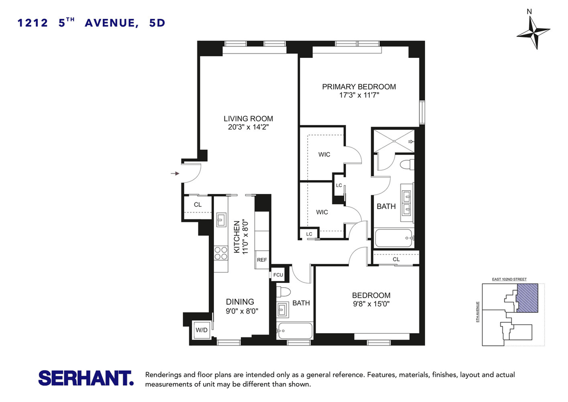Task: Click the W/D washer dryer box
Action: coord(202,329)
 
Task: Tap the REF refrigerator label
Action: coord(262,260)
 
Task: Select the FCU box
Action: coord(278,275)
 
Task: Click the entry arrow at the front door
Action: coord(175,174)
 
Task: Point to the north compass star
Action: coord(533,33)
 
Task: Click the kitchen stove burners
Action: coord(221,253)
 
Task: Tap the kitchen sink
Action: coord(222,219)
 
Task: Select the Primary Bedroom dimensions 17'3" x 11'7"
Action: coord(359,95)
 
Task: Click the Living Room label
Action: coord(248,119)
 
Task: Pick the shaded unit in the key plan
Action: coord(527,298)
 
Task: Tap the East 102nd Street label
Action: coord(509,279)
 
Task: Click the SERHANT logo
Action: coord(86,378)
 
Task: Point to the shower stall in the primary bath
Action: coord(394,141)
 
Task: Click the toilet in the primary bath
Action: coord(407,164)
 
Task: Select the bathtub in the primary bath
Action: coord(394,238)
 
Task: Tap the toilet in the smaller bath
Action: coord(283,292)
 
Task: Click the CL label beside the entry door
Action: coord(198,204)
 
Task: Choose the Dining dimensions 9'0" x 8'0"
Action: coord(242,311)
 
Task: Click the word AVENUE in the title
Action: coord(112,23)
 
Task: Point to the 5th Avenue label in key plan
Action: coord(478,312)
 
